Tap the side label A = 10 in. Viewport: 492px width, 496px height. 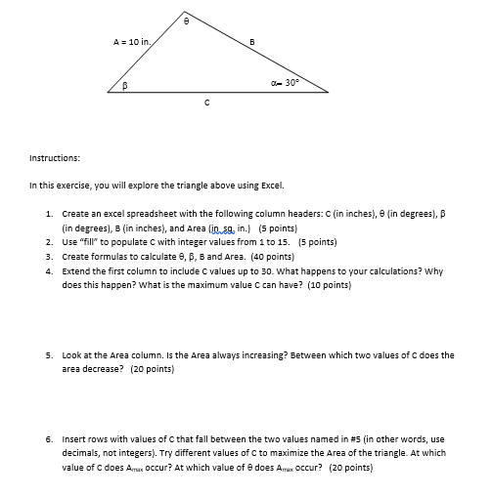coord(132,42)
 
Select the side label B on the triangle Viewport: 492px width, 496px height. coord(252,41)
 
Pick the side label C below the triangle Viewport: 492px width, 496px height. coord(205,102)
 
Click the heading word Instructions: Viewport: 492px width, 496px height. coord(55,156)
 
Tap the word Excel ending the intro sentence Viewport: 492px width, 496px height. coord(272,185)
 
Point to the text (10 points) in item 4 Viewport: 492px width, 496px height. coord(330,284)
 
